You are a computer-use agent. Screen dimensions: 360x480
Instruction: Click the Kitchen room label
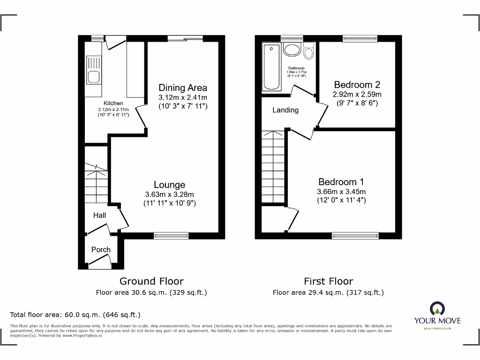(x=113, y=103)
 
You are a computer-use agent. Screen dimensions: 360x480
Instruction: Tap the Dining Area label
(x=182, y=88)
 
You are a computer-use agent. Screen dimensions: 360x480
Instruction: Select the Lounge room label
(x=169, y=185)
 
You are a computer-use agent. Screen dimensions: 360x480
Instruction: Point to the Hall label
(x=99, y=216)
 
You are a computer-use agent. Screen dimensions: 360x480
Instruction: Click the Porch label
(x=101, y=250)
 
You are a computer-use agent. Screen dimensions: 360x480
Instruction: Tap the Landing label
(x=285, y=110)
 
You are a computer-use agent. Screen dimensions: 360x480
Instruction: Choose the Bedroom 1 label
(x=341, y=182)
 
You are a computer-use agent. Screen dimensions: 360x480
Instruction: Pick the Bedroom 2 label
(x=357, y=85)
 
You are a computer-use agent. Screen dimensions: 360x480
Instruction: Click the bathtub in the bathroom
(x=271, y=67)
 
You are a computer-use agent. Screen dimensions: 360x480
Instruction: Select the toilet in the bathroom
(x=308, y=51)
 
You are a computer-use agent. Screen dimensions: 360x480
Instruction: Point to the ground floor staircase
(x=96, y=185)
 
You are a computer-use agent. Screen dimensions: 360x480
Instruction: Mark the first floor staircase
(x=273, y=167)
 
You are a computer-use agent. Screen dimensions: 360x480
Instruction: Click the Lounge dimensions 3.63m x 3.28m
(x=169, y=195)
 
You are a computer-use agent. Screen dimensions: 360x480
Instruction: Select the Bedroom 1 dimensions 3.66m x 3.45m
(x=341, y=191)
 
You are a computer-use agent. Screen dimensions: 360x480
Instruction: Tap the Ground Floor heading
(x=151, y=281)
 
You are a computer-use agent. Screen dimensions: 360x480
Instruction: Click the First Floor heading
(x=328, y=281)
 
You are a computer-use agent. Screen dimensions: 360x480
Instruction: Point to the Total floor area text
(x=75, y=315)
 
